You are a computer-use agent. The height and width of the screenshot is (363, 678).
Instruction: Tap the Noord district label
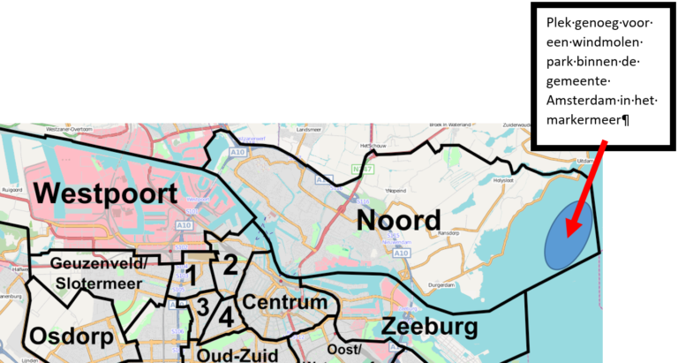click(398, 221)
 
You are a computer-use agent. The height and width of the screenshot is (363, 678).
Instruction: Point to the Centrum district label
click(284, 303)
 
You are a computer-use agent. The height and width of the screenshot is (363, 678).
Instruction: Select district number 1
click(190, 276)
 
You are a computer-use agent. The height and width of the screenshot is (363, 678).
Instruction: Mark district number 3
click(203, 306)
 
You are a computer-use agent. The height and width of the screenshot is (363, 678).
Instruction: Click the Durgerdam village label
click(442, 285)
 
